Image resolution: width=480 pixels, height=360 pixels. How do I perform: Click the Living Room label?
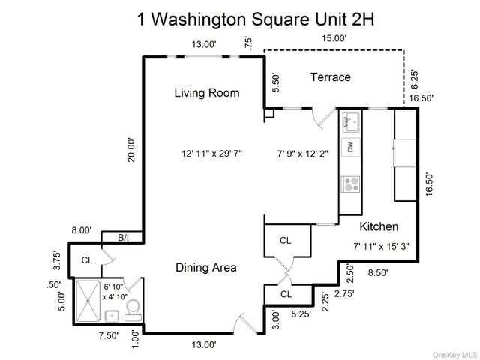click(x=207, y=93)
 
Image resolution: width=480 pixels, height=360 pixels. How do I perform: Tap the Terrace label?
click(x=331, y=77)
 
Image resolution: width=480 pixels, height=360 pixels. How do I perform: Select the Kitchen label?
click(x=379, y=226)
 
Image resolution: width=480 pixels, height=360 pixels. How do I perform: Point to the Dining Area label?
click(x=206, y=267)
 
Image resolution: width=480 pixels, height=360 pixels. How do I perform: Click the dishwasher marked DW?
click(x=350, y=148)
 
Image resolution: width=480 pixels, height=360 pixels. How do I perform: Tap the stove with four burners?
click(x=350, y=183)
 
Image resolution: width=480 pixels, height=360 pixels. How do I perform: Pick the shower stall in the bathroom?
click(x=89, y=299)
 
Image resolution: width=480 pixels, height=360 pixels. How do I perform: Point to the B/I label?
click(x=124, y=238)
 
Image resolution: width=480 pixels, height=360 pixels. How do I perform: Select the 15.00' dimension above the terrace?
click(x=334, y=37)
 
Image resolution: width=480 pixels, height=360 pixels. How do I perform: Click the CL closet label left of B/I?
click(x=86, y=260)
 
